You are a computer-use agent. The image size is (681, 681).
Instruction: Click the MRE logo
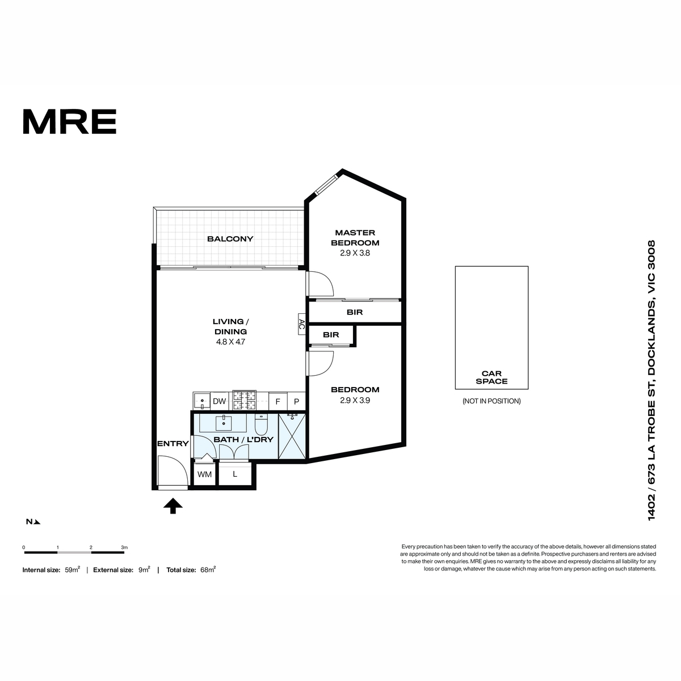tap(70, 121)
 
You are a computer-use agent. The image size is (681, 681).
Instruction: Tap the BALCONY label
tap(230, 239)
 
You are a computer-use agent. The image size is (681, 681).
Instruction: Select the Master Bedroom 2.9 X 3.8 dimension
tap(355, 253)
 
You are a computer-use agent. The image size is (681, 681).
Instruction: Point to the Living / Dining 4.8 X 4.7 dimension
tap(230, 342)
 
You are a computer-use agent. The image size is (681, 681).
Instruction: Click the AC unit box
tap(302, 324)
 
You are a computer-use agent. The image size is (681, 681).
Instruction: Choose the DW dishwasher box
tap(220, 401)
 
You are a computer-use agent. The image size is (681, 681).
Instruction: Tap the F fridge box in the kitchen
tap(278, 401)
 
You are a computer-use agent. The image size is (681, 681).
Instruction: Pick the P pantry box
tap(296, 401)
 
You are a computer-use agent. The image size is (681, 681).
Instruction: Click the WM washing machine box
tap(205, 474)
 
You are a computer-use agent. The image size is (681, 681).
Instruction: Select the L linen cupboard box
tap(235, 474)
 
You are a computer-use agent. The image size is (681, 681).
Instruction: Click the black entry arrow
tap(173, 506)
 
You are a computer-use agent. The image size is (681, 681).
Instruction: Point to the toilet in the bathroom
tap(262, 425)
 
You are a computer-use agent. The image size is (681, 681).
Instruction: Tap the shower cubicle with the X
tap(292, 436)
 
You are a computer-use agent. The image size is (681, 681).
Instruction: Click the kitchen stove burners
tap(244, 400)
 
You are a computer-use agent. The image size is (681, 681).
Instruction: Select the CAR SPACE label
tap(491, 377)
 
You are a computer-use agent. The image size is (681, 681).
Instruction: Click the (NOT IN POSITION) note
tap(491, 401)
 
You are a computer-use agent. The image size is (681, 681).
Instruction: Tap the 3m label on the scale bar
tap(124, 548)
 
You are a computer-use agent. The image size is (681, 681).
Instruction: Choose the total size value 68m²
tap(208, 569)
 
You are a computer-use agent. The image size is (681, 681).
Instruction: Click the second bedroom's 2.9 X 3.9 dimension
tap(355, 401)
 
